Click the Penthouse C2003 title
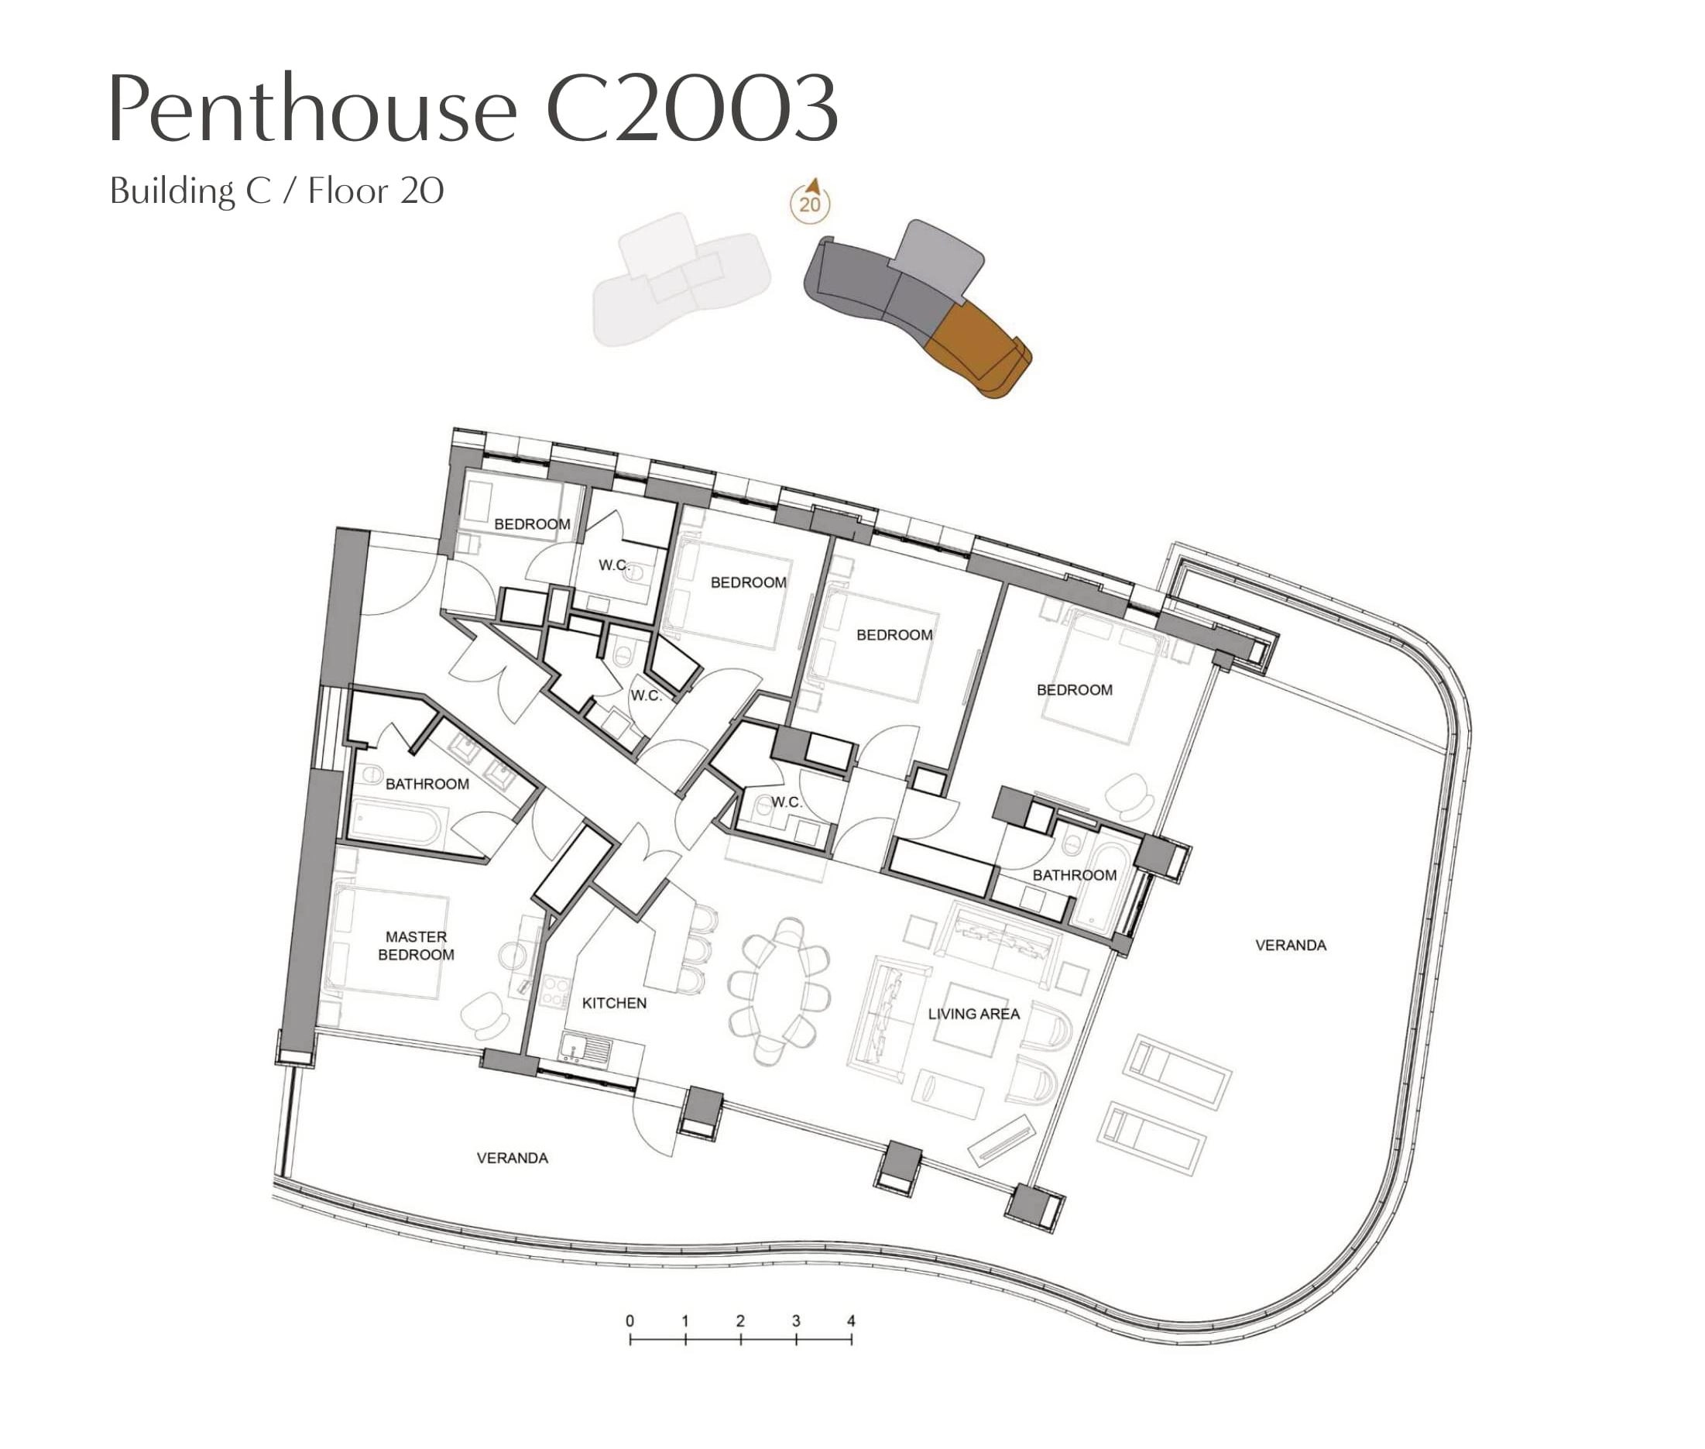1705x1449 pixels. (473, 108)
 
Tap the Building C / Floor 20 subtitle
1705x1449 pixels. (276, 191)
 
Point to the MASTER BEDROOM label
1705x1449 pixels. (416, 946)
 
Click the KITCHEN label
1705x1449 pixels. (614, 1003)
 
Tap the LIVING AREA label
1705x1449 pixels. (974, 1014)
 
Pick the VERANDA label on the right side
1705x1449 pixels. (1290, 946)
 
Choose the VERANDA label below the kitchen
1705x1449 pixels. (513, 1159)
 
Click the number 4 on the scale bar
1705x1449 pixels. (851, 1321)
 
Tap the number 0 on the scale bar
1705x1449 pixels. (630, 1321)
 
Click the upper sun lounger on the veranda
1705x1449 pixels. (1178, 1071)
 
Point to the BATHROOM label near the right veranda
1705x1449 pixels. (1074, 876)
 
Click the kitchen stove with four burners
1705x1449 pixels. (555, 991)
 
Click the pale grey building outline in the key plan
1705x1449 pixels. (681, 280)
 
